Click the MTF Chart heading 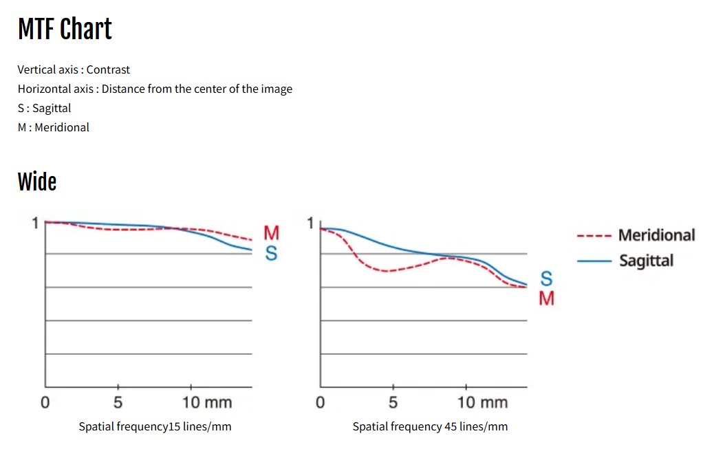pos(65,30)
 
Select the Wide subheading pos(37,182)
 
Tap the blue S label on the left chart pos(272,254)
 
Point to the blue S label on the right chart pos(546,279)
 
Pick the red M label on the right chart pos(546,298)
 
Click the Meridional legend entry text pos(656,235)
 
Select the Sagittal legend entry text pos(646,261)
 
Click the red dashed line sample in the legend pos(594,236)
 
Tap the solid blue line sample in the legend pos(594,261)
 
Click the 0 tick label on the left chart pos(45,403)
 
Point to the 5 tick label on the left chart pos(118,403)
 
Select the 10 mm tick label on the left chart pos(207,403)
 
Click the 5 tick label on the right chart pos(393,403)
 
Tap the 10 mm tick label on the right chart pos(482,403)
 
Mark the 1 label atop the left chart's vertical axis pos(35,223)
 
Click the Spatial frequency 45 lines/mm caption pos(430,427)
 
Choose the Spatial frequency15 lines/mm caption pos(155,427)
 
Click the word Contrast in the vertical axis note pos(108,69)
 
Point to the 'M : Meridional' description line pos(54,127)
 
